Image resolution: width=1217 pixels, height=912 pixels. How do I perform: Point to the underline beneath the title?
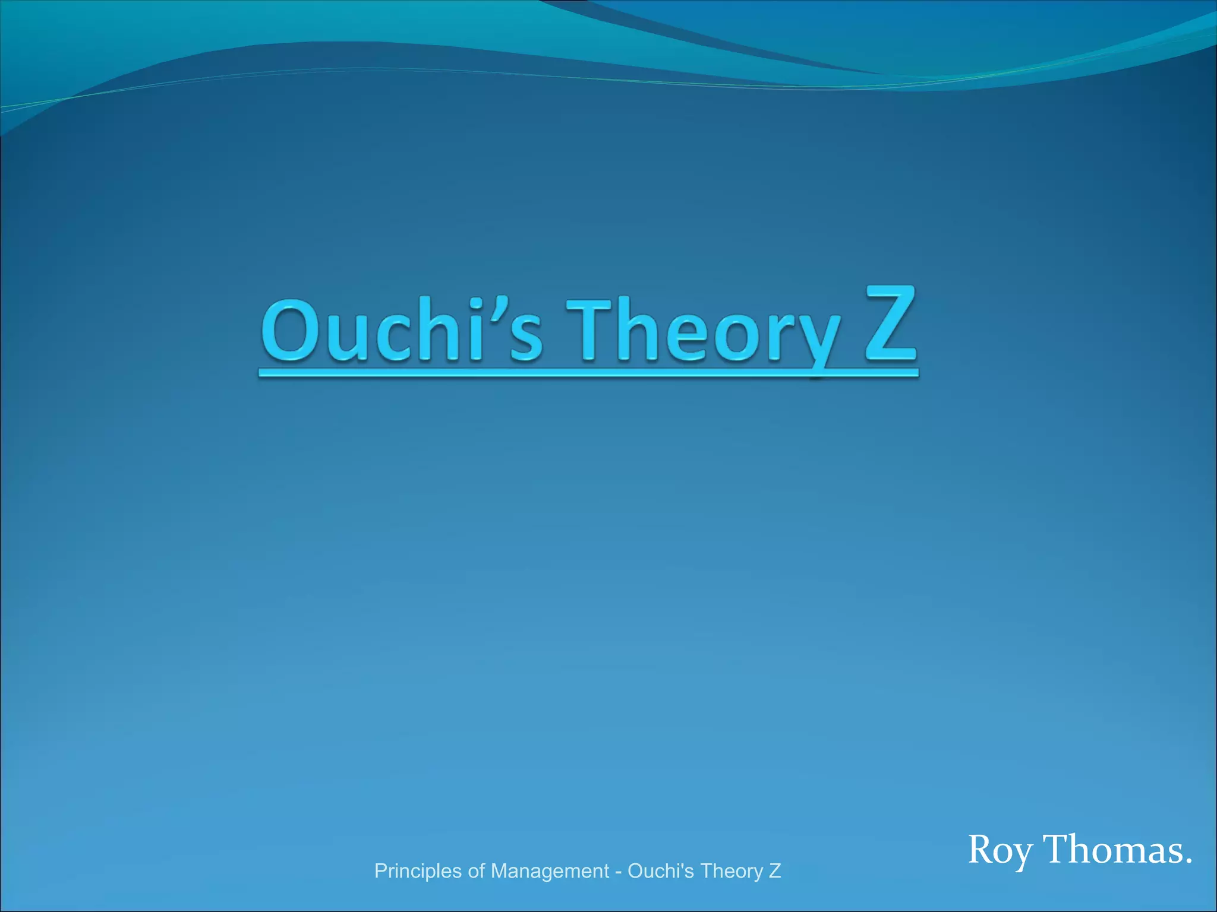[x=588, y=373]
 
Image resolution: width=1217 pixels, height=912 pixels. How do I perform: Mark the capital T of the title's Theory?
[x=588, y=330]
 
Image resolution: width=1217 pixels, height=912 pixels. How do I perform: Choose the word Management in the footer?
[x=550, y=871]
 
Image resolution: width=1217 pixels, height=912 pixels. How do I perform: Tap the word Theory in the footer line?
[x=732, y=871]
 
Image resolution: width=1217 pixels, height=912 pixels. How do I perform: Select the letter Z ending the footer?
[x=775, y=871]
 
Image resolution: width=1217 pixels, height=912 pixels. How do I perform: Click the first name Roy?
[x=1000, y=850]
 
